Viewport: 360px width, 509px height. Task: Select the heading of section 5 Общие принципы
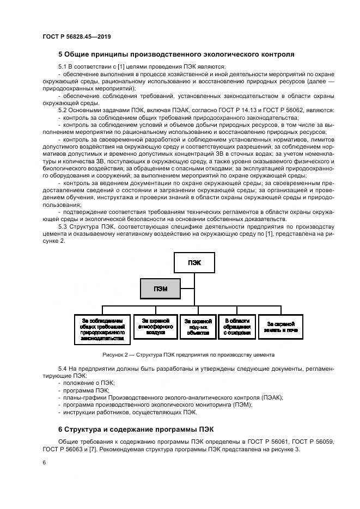tap(176, 54)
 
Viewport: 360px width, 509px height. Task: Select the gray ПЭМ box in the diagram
tap(160, 289)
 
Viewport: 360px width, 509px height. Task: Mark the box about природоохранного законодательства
tap(102, 329)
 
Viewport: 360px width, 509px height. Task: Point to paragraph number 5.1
tap(63, 66)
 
